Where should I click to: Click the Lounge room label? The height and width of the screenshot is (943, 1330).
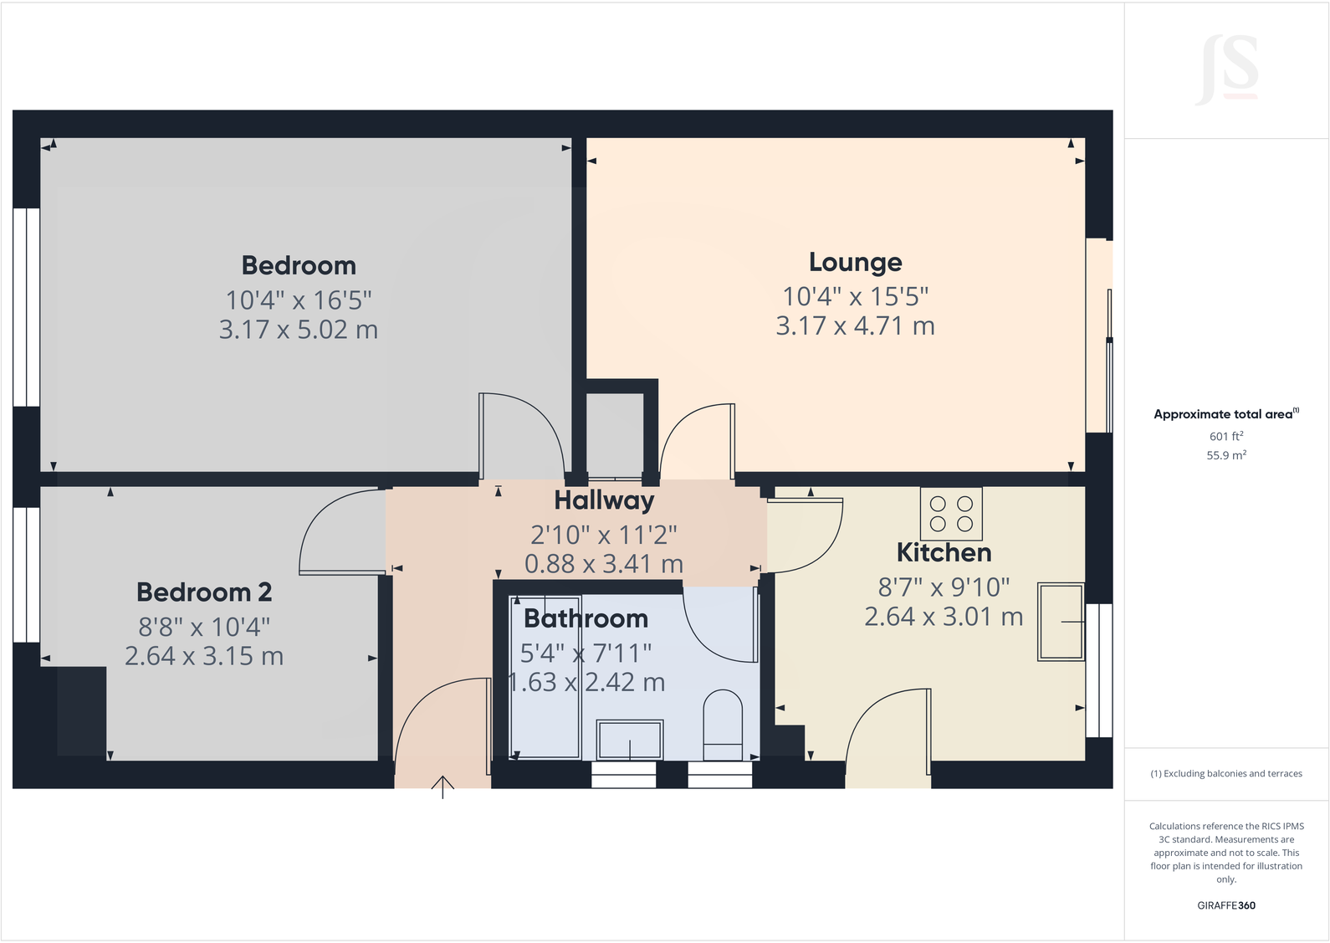[855, 263]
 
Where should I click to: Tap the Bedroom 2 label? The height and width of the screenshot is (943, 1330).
[204, 592]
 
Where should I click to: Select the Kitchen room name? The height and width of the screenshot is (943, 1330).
[944, 553]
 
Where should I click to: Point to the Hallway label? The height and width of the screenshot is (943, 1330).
[604, 500]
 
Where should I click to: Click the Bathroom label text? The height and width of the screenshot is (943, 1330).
[586, 618]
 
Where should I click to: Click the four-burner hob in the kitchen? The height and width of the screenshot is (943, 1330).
[951, 514]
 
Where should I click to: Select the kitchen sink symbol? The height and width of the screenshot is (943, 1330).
[1060, 622]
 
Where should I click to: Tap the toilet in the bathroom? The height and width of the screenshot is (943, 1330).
[723, 719]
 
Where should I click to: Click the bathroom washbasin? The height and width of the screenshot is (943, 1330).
[629, 739]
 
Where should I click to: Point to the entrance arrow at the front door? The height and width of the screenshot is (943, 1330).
[442, 787]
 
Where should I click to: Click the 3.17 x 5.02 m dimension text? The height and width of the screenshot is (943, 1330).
[299, 330]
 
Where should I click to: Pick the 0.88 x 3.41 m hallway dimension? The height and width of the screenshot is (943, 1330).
[604, 564]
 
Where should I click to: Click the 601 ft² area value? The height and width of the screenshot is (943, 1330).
[1225, 436]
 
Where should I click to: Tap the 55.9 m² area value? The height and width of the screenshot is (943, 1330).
[1225, 456]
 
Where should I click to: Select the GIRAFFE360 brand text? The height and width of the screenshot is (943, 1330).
[1225, 905]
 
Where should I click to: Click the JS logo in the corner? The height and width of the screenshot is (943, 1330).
[1227, 69]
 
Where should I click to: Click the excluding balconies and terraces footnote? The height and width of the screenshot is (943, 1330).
[1225, 774]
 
